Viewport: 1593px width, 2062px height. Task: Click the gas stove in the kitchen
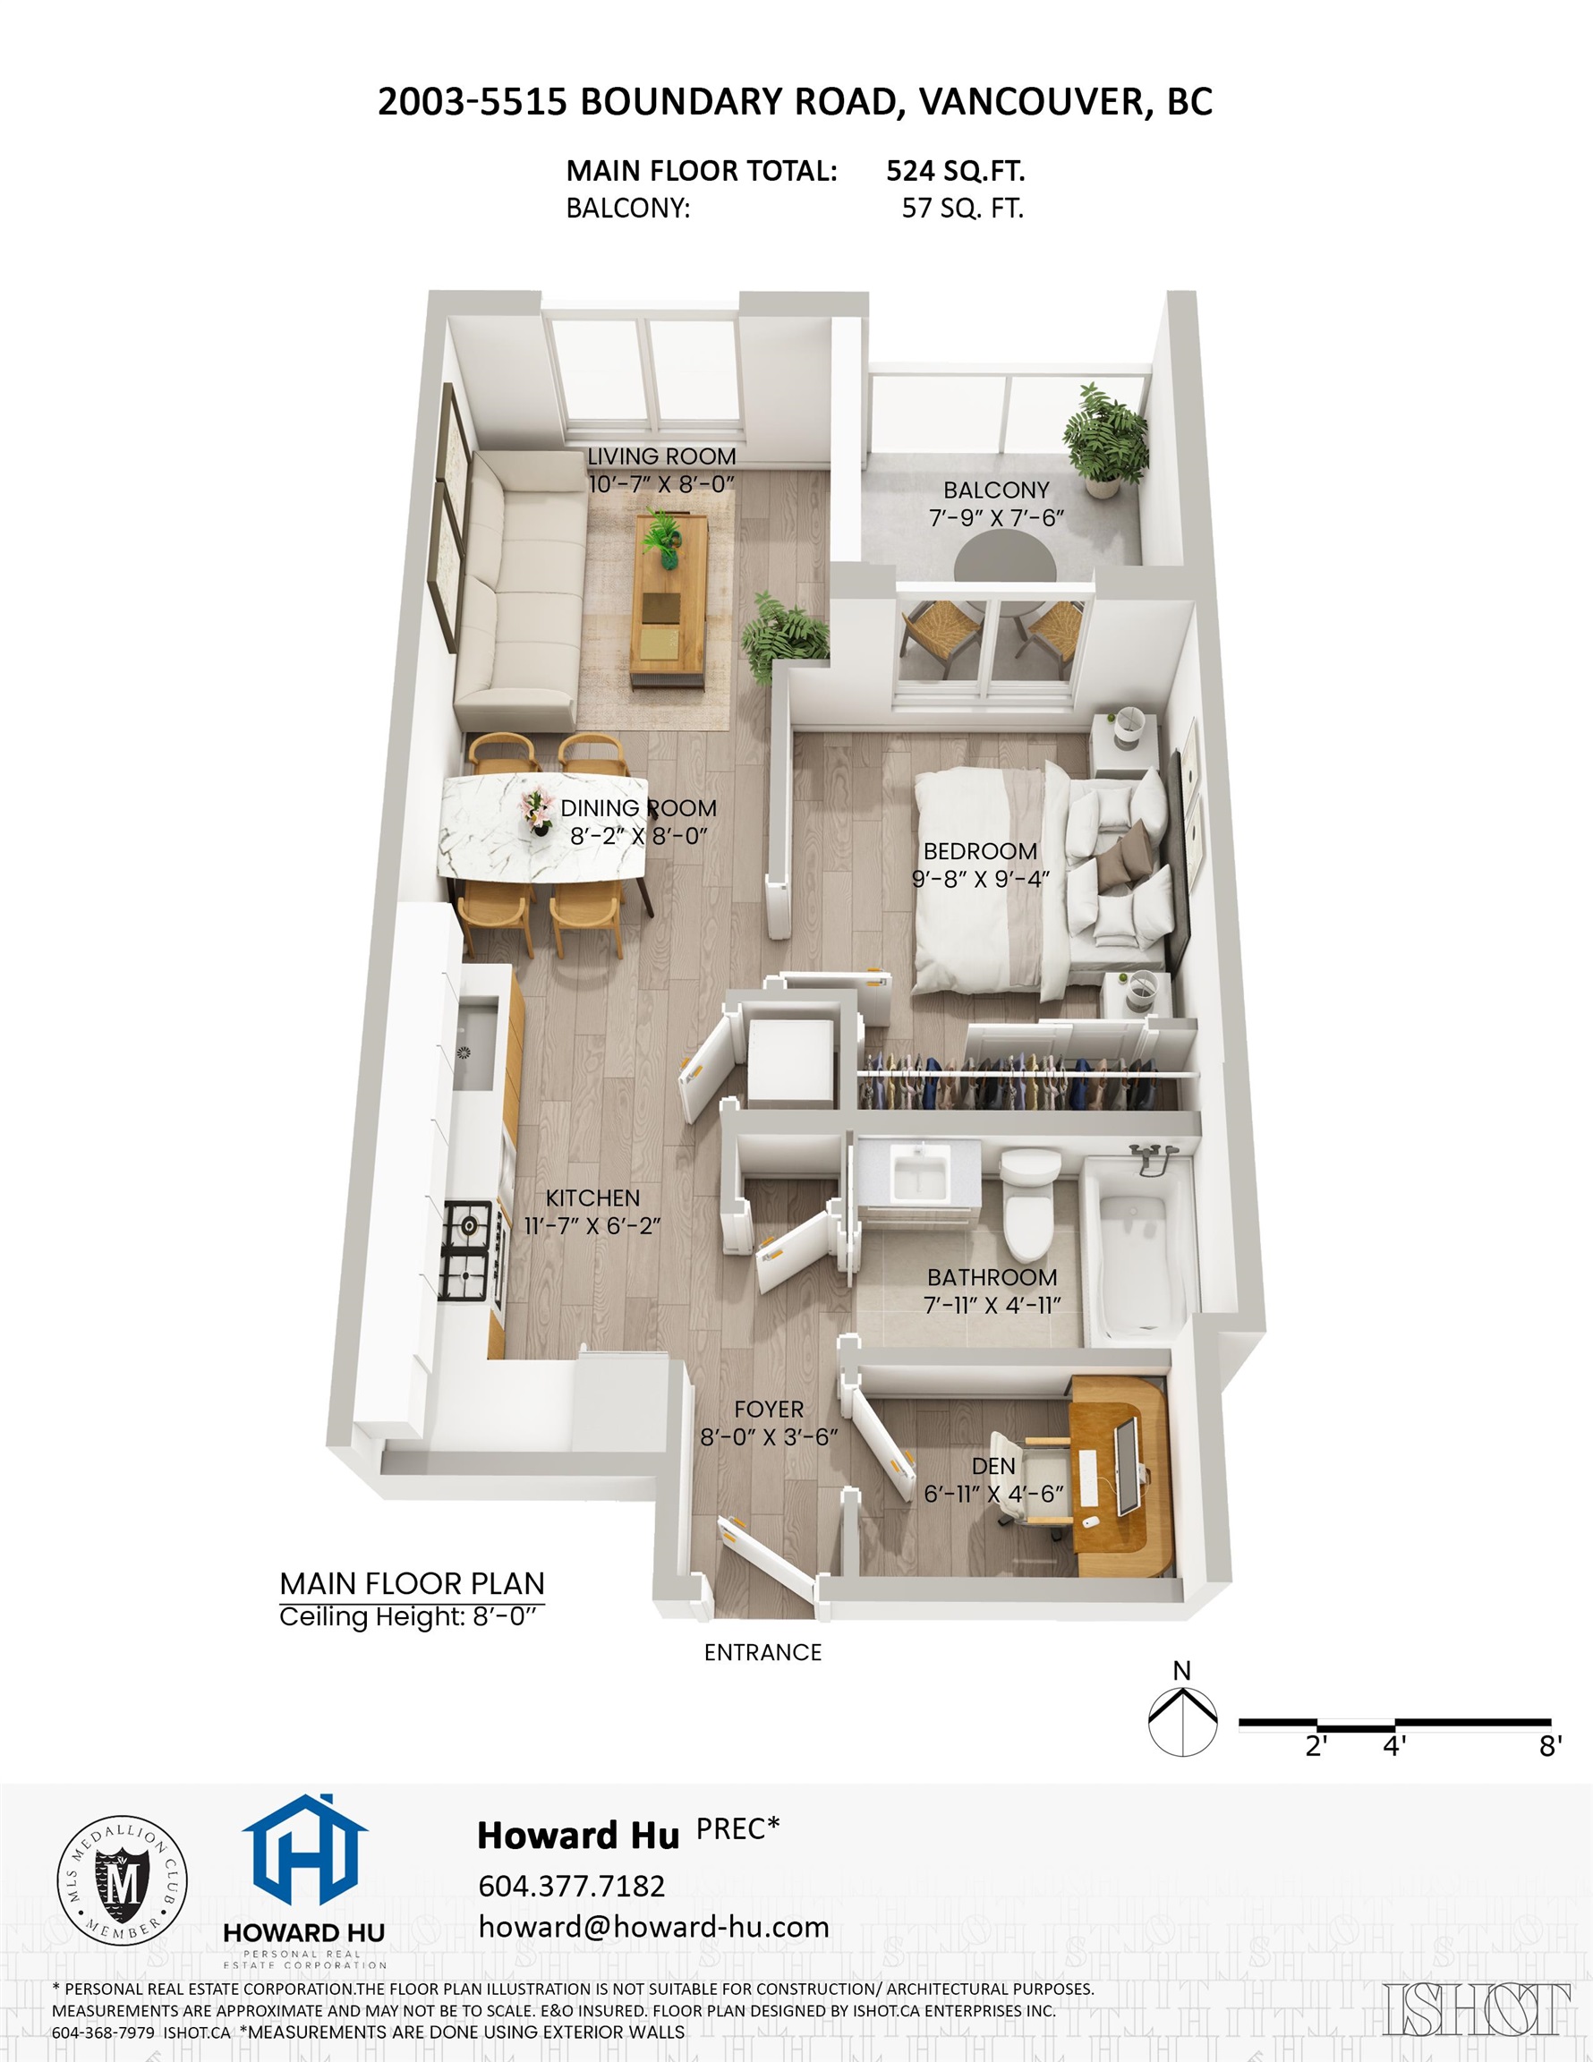pyautogui.click(x=466, y=1251)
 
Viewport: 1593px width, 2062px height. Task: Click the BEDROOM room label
pyautogui.click(x=980, y=851)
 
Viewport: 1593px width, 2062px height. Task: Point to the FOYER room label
pyautogui.click(x=769, y=1410)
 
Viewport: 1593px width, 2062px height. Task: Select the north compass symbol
pyautogui.click(x=1181, y=1725)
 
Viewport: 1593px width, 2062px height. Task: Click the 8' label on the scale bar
pyautogui.click(x=1549, y=1747)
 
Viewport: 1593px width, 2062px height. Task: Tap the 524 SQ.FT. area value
pyautogui.click(x=955, y=171)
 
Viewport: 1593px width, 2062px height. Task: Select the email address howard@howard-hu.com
pyautogui.click(x=653, y=1926)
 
